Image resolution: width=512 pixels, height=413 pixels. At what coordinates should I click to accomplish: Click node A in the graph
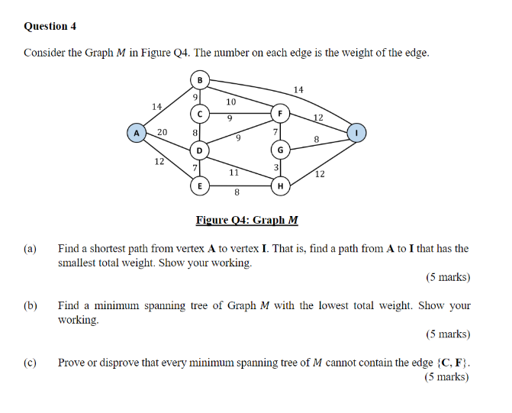tap(137, 133)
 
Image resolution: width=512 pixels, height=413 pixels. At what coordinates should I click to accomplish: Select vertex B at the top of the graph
tap(200, 79)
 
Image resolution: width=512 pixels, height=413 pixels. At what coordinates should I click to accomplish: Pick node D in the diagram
tap(200, 150)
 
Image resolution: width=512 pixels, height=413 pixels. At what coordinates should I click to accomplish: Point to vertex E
tap(200, 186)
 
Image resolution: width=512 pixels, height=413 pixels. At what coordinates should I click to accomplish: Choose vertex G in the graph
tap(280, 150)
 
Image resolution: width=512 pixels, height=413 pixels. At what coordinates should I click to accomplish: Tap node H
tap(280, 186)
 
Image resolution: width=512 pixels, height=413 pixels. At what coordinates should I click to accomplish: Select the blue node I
tap(356, 133)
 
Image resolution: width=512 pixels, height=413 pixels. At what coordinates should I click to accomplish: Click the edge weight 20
tap(163, 133)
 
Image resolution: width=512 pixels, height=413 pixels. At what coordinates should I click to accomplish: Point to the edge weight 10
tap(231, 101)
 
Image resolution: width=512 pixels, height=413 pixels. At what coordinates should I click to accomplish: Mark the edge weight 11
tap(235, 173)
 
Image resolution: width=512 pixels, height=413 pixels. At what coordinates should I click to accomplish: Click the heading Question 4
tap(50, 26)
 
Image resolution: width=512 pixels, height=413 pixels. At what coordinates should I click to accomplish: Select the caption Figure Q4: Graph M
tap(246, 221)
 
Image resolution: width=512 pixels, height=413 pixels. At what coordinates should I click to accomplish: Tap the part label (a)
tap(31, 249)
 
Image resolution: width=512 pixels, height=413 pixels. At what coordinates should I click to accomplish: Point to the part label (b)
tap(31, 306)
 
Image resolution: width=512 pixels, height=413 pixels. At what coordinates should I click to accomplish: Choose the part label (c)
tap(31, 363)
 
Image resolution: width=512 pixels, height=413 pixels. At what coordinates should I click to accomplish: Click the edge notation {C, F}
tap(452, 363)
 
